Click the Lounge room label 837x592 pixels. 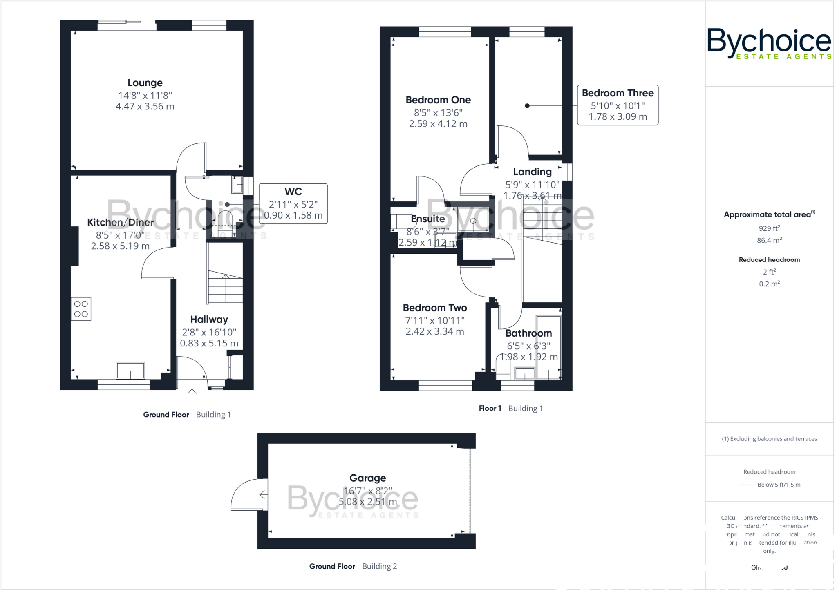[145, 83]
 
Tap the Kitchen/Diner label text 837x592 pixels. [120, 222]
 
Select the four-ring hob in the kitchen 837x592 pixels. [81, 309]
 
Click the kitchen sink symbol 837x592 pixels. [130, 371]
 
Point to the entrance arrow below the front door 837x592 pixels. [192, 393]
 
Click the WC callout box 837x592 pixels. [293, 203]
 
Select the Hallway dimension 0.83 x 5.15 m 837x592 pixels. [209, 343]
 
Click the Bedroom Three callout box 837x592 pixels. [617, 105]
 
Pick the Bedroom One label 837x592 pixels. [438, 100]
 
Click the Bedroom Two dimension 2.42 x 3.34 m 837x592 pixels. [434, 331]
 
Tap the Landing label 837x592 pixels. [532, 172]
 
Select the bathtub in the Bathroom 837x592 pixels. [548, 347]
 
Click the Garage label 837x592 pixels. [367, 478]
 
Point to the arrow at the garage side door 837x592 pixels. [263, 495]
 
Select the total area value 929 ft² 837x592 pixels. [769, 229]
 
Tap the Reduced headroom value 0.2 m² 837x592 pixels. [769, 284]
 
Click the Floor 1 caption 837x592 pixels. [490, 408]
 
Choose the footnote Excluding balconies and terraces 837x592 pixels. [769, 439]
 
